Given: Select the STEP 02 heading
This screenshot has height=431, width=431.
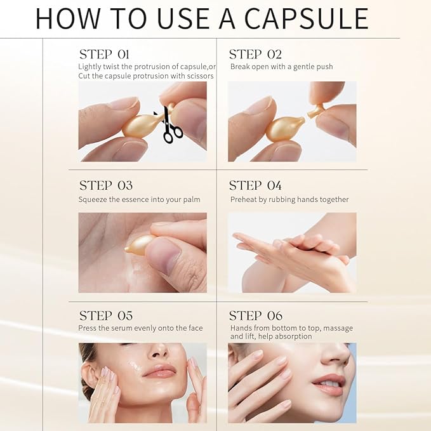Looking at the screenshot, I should coord(255,55).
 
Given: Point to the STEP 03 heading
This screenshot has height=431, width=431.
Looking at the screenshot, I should coord(106,186).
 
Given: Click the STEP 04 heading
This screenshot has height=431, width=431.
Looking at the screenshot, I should coord(255,186).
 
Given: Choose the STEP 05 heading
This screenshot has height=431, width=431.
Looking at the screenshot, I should coord(106,315).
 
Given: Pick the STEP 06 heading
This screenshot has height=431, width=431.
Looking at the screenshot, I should coord(255,315).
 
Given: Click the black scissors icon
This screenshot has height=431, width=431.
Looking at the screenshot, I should coord(170,125).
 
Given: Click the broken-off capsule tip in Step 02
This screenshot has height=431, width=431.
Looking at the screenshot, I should coord(315,111).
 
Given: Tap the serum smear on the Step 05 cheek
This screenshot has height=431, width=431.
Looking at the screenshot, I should coord(135,366).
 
